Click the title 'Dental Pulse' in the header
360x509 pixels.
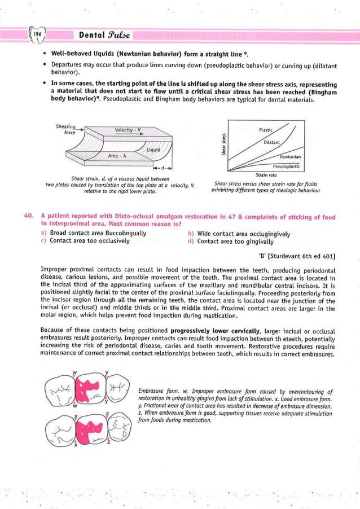tap(105, 35)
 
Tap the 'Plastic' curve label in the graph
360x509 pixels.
tap(266, 130)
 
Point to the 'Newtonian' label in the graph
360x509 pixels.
tap(290, 156)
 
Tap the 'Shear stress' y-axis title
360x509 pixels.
tap(224, 144)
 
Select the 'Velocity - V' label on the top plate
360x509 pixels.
tap(127, 130)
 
